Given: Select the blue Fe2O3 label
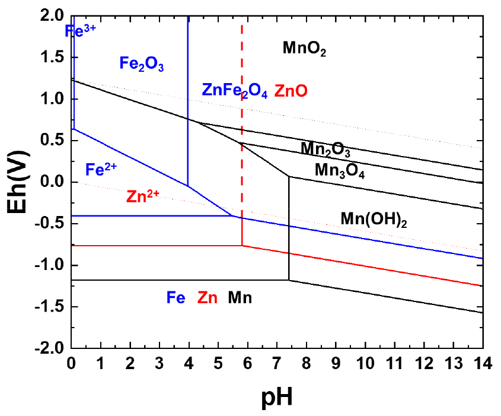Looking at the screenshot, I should pos(142,63).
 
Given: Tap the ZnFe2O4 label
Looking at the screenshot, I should pos(235,91).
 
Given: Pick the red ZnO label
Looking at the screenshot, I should pos(291,91).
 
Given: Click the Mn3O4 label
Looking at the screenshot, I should pos(339,171).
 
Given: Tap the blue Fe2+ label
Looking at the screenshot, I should pos(101,170).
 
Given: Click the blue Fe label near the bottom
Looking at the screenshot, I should pos(175,297).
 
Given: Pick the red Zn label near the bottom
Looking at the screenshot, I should pos(207,297).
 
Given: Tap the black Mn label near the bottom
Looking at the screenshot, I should pos(240,297).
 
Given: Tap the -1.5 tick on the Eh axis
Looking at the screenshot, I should pos(51,307).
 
